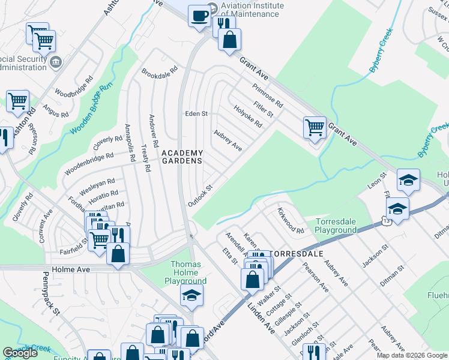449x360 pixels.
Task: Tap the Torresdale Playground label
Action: (x=336, y=226)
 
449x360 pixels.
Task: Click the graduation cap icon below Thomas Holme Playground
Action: (x=191, y=295)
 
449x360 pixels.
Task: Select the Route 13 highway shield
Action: (x=390, y=221)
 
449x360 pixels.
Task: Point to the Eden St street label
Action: (x=196, y=113)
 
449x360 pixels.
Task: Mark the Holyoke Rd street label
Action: (x=248, y=116)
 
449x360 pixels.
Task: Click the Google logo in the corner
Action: (x=20, y=353)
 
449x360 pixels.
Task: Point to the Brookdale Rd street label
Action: (x=160, y=71)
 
